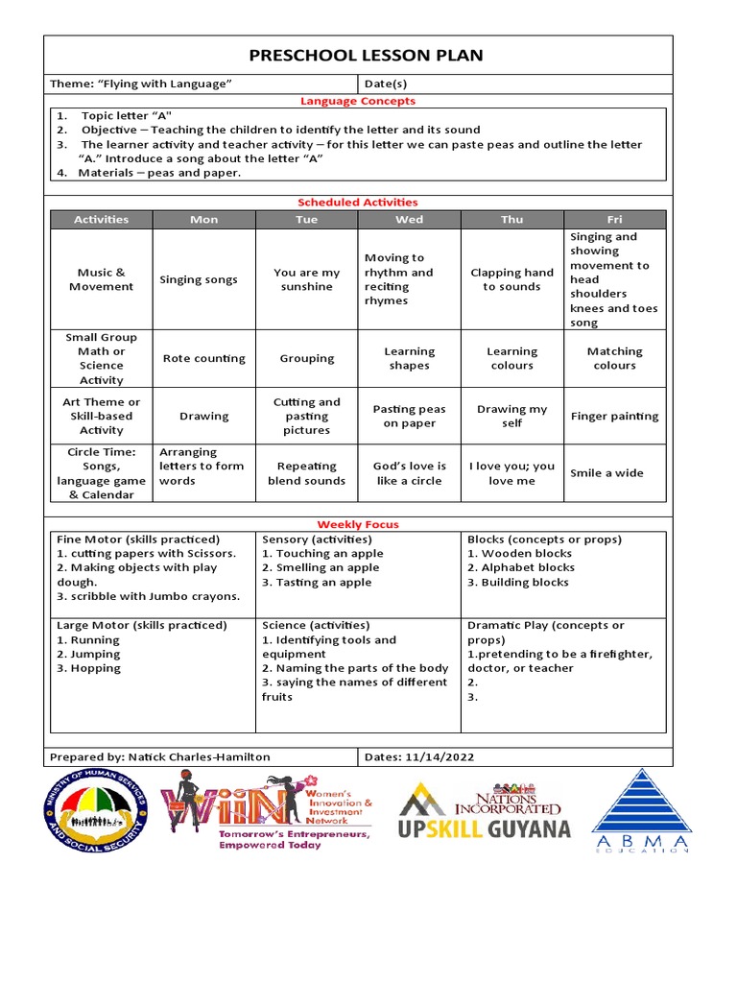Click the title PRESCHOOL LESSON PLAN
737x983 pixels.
(366, 56)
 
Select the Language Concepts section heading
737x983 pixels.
(358, 101)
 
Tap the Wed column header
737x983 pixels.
(409, 220)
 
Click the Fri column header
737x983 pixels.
(614, 220)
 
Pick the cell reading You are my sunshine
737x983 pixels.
(306, 279)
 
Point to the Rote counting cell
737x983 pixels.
(203, 358)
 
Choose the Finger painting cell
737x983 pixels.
(614, 417)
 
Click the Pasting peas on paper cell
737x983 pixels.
(409, 417)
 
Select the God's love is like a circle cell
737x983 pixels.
(409, 473)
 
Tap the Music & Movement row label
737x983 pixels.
(101, 279)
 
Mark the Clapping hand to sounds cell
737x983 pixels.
(511, 279)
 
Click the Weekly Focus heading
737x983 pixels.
(358, 524)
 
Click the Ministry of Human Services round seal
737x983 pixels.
(96, 813)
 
